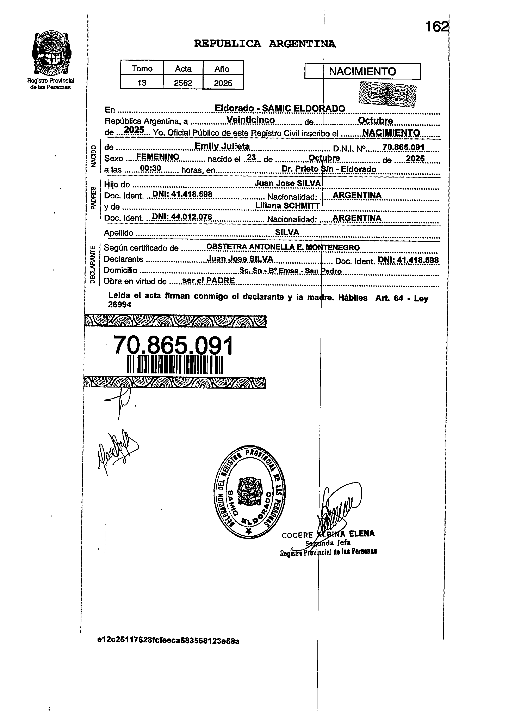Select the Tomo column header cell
coord(142,68)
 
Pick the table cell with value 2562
coord(183,83)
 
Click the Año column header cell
coord(223,68)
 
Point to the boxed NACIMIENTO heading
coord(362,71)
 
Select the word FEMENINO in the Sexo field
coord(158,157)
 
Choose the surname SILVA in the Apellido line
coord(287,232)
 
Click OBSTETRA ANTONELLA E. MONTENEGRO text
coord(283,247)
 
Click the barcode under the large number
coord(175,364)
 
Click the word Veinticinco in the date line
coord(250,120)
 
